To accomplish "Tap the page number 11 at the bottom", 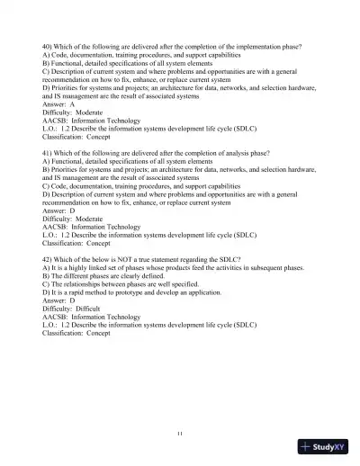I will click(x=180, y=434).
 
